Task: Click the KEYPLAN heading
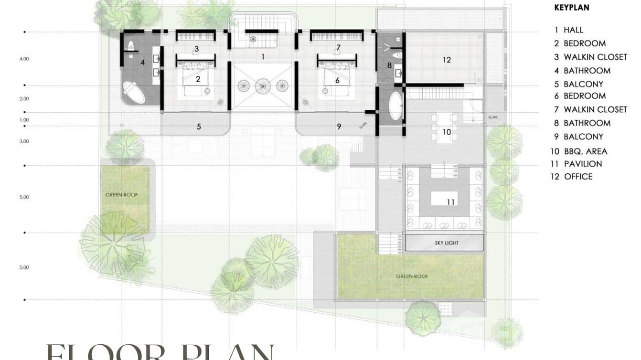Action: (x=571, y=8)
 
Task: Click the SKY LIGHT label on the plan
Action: (x=446, y=243)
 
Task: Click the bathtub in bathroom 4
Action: (x=133, y=93)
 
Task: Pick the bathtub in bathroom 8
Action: (x=396, y=106)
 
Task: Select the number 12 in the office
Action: (x=446, y=60)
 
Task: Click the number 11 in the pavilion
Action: (x=450, y=202)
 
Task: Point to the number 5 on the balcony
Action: (x=199, y=127)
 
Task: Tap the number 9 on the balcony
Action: (x=339, y=127)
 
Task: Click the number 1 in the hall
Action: (x=262, y=56)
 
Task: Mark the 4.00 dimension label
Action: (x=24, y=59)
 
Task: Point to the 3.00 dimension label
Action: (x=24, y=141)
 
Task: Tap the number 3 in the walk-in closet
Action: (x=196, y=49)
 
